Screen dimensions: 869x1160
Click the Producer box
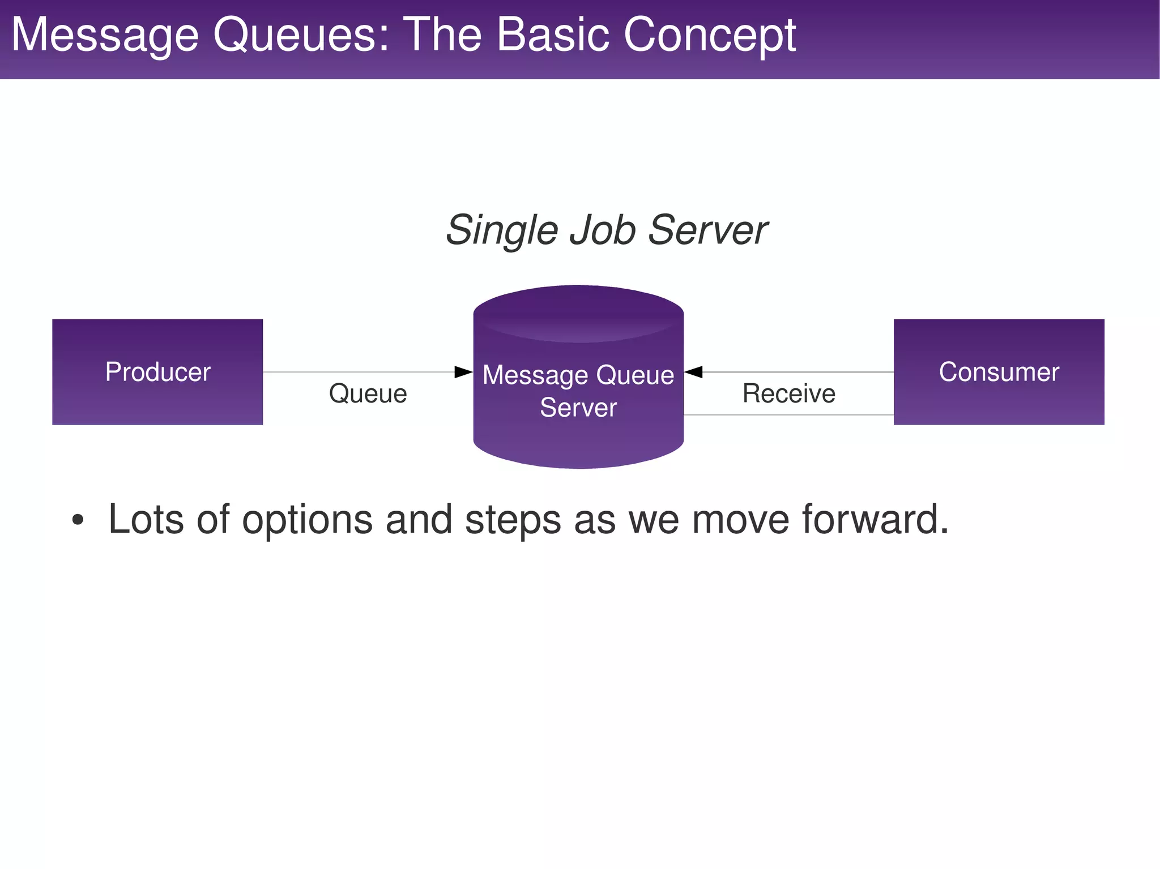tap(157, 372)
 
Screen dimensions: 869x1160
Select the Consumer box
tap(999, 372)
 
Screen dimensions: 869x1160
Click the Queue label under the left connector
tap(368, 393)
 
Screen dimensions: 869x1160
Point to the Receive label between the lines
tap(788, 393)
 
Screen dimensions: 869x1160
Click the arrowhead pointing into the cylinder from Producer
tap(464, 372)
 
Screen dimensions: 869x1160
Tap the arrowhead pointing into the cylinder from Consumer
tap(694, 372)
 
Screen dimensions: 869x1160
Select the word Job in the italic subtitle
tap(603, 230)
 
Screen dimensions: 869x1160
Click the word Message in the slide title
tap(105, 35)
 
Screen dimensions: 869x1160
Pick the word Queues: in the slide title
tap(301, 35)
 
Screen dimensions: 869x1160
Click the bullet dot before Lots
tap(78, 520)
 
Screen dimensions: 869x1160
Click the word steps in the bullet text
tap(513, 520)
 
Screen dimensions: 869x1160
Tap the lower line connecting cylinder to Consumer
tap(788, 415)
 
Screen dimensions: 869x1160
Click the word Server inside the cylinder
tap(578, 408)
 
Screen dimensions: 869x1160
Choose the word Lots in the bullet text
tap(146, 520)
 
